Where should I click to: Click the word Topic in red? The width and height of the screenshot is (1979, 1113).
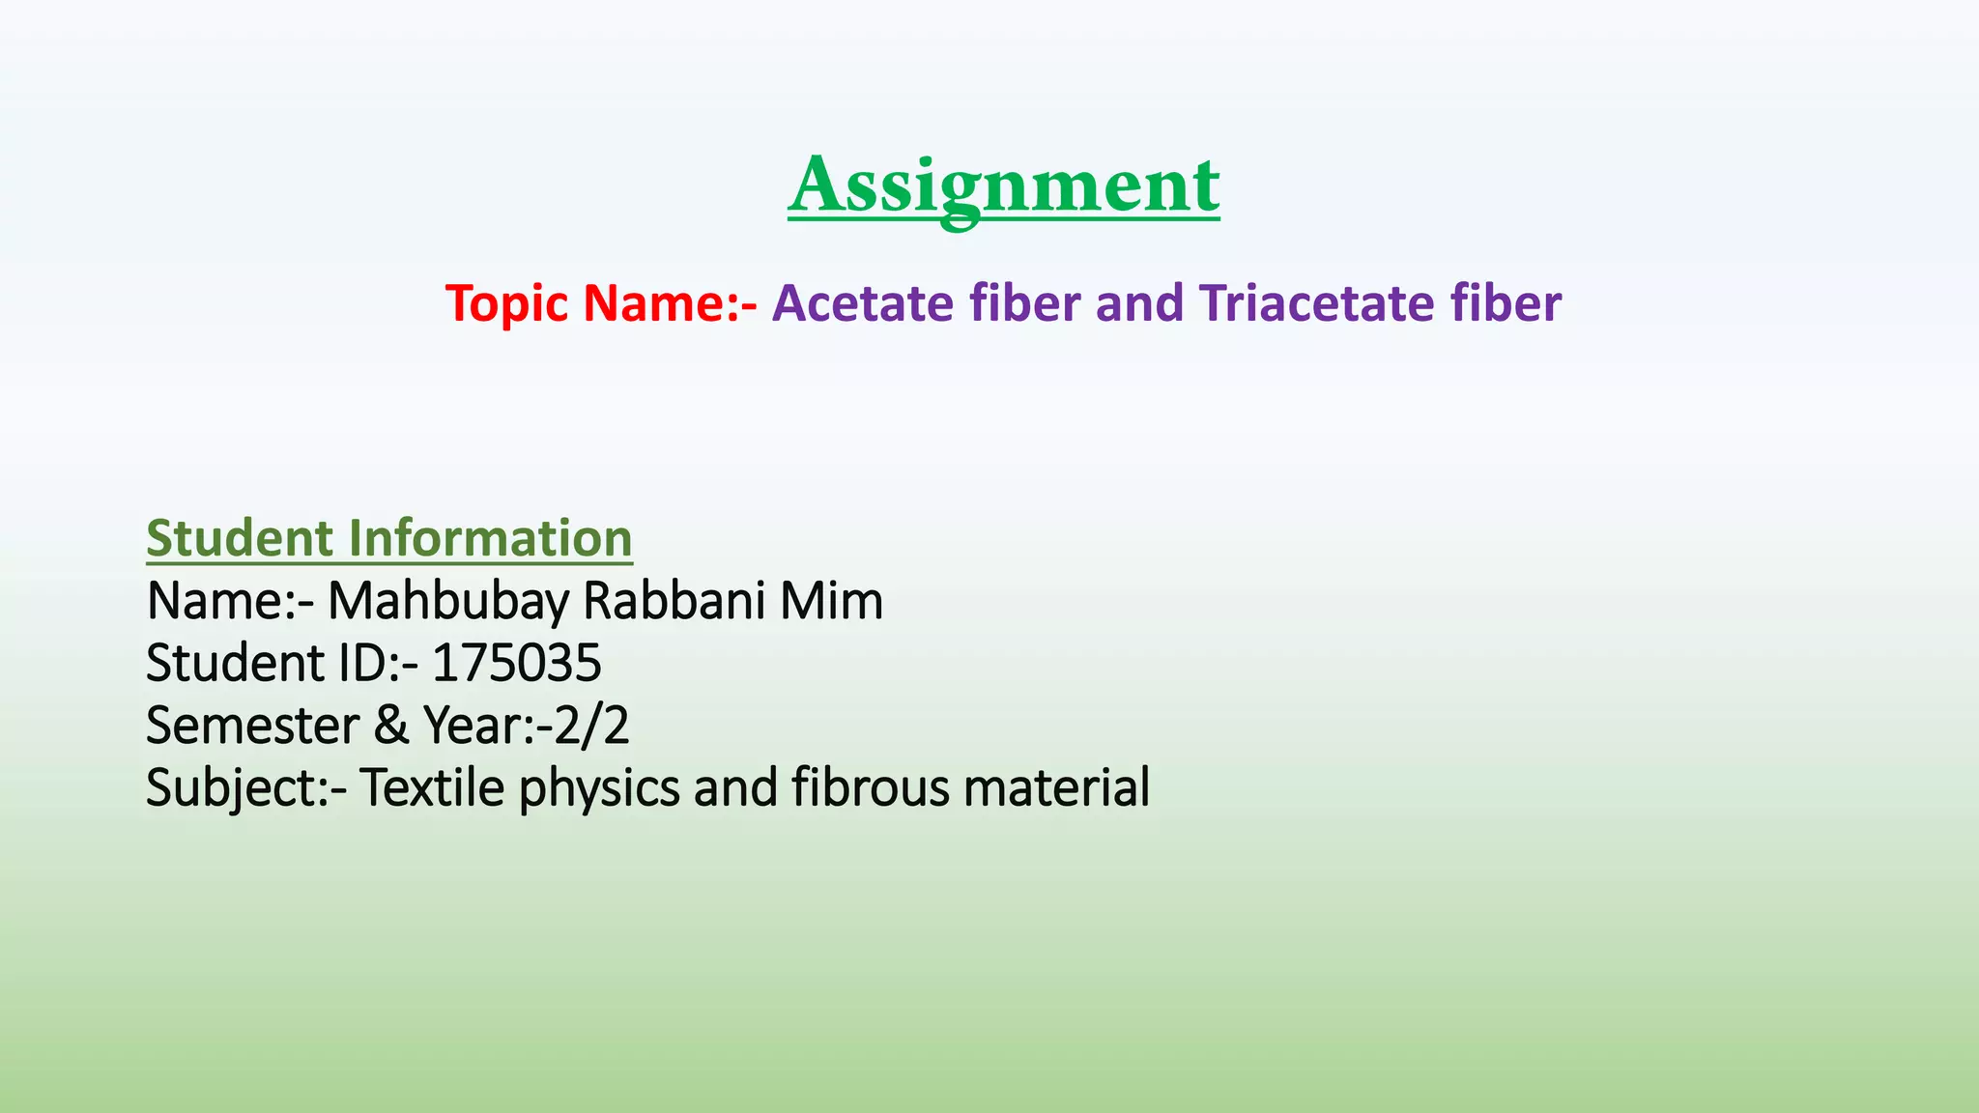coord(506,304)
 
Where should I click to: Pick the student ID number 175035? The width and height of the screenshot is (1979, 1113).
coord(516,664)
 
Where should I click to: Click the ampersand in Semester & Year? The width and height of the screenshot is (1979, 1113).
coord(390,726)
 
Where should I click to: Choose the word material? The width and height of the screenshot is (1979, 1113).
coord(1056,787)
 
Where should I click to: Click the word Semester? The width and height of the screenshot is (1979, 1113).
coord(252,726)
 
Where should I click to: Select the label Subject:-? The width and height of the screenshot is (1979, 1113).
coord(246,789)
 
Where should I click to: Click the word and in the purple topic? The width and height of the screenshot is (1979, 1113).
coord(1139,303)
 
